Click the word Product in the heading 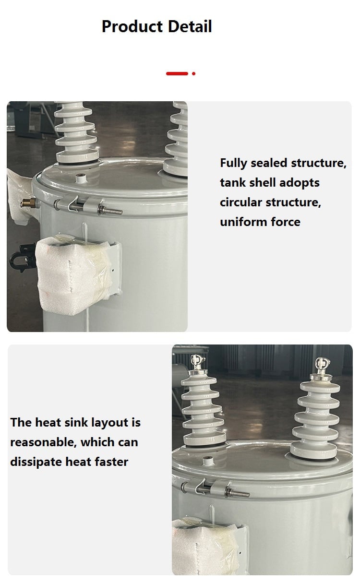coord(132,26)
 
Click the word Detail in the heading coord(190,26)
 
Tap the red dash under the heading coord(177,73)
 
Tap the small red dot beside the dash coord(193,73)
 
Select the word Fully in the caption coord(233,164)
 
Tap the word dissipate coord(36,462)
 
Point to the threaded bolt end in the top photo coord(110,210)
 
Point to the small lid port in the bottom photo coord(208,461)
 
